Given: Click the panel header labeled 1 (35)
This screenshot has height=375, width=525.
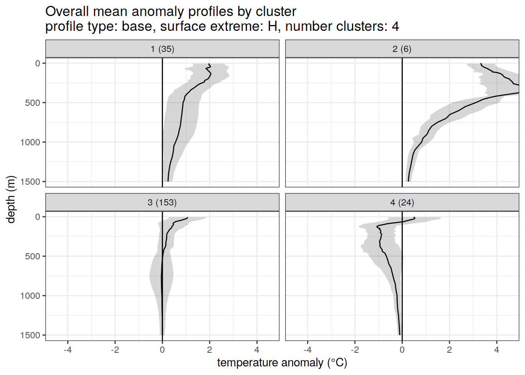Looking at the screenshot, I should pyautogui.click(x=162, y=49).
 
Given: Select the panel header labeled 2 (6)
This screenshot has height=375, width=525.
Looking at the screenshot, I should pyautogui.click(x=402, y=49).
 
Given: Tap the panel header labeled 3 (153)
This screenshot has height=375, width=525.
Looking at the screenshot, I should pyautogui.click(x=162, y=202).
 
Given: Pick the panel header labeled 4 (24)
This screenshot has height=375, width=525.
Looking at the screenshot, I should pyautogui.click(x=402, y=202).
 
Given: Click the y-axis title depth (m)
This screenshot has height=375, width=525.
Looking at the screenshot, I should pyautogui.click(x=11, y=199).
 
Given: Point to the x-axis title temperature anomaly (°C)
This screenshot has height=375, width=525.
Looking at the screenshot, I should pyautogui.click(x=282, y=363).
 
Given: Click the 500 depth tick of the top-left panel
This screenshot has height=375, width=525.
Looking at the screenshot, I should pyautogui.click(x=33, y=103).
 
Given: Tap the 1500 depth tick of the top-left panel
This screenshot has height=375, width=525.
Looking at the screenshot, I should pyautogui.click(x=30, y=182).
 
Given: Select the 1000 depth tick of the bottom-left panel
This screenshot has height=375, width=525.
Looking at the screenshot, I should pyautogui.click(x=30, y=296).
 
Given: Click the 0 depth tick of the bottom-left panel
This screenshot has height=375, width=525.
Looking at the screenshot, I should pyautogui.click(x=38, y=217).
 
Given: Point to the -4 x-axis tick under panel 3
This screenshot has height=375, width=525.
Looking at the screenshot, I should pyautogui.click(x=68, y=350).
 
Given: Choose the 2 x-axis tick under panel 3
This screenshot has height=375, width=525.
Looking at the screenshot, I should pyautogui.click(x=210, y=350).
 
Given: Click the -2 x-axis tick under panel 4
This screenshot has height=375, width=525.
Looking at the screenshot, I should pyautogui.click(x=355, y=350).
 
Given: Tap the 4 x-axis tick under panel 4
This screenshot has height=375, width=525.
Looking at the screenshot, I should pyautogui.click(x=496, y=350).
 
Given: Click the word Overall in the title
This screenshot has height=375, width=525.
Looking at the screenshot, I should pyautogui.click(x=67, y=12).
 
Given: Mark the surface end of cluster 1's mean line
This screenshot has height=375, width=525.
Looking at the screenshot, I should pyautogui.click(x=209, y=64).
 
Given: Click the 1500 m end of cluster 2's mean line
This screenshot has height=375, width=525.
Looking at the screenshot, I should pyautogui.click(x=408, y=181).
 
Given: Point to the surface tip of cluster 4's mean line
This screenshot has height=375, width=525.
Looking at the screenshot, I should pyautogui.click(x=414, y=218).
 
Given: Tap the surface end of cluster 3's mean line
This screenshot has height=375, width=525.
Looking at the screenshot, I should pyautogui.click(x=187, y=218).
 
